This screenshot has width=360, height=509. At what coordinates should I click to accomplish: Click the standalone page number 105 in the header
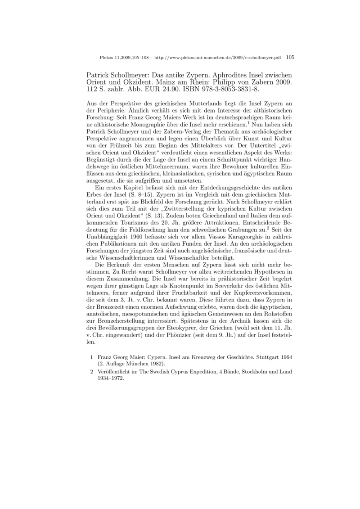pyautogui.click(x=290, y=57)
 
